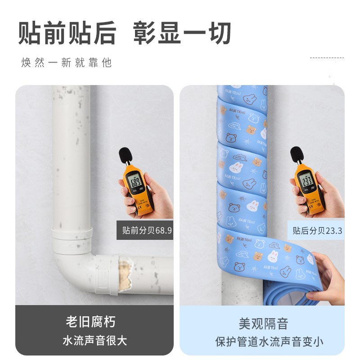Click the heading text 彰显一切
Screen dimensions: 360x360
click(182, 32)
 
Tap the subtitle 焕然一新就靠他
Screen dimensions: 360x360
click(67, 63)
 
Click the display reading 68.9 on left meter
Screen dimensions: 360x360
click(135, 181)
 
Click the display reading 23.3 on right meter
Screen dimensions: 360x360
click(306, 180)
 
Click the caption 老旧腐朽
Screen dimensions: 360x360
click(90, 322)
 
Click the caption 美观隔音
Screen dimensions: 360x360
click(263, 323)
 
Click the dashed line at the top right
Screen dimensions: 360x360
click(327, 58)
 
